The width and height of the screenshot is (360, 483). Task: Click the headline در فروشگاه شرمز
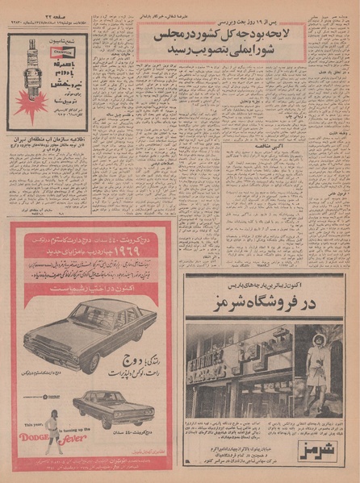[265, 305]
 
